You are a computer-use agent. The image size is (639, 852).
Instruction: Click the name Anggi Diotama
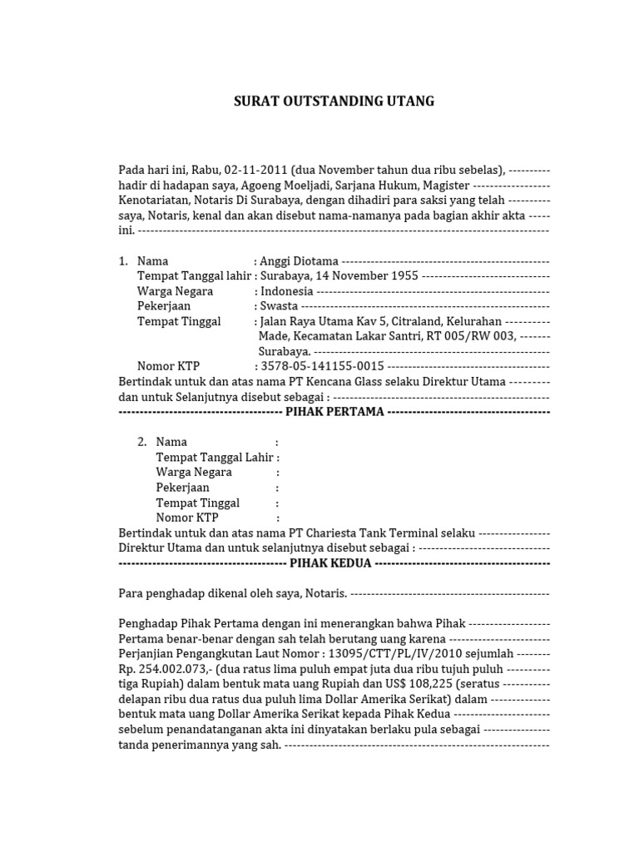click(x=300, y=261)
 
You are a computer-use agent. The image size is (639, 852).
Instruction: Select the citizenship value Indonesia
click(x=287, y=291)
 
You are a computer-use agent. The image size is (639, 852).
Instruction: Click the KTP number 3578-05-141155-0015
click(x=322, y=366)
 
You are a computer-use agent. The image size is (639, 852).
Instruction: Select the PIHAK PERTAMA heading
click(x=334, y=412)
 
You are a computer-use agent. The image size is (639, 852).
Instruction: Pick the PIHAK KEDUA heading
click(x=330, y=563)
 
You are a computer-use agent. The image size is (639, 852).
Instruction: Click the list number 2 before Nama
click(x=142, y=442)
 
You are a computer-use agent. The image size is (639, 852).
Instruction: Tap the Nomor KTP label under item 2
click(x=187, y=518)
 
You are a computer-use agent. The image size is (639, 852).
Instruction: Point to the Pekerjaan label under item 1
click(x=164, y=306)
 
